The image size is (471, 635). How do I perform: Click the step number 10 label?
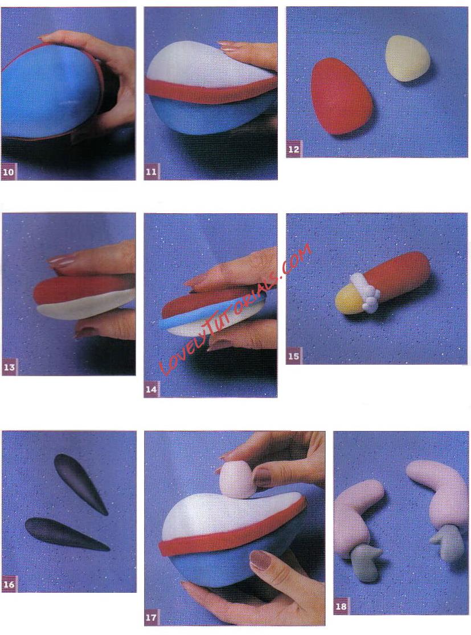click(x=7, y=172)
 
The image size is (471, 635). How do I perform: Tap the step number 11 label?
click(x=151, y=172)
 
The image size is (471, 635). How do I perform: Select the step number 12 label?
click(x=293, y=149)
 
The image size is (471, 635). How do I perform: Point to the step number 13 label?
click(x=9, y=367)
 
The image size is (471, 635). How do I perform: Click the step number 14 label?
click(x=151, y=389)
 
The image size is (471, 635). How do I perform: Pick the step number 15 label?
click(x=293, y=356)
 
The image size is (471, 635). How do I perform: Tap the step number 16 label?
click(x=9, y=584)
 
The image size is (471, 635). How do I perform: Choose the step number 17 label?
click(x=151, y=617)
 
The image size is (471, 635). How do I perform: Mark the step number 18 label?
click(x=341, y=606)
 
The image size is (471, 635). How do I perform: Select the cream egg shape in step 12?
click(x=406, y=58)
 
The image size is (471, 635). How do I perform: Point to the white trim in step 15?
click(x=366, y=293)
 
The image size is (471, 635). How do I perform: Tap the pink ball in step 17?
click(x=237, y=480)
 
